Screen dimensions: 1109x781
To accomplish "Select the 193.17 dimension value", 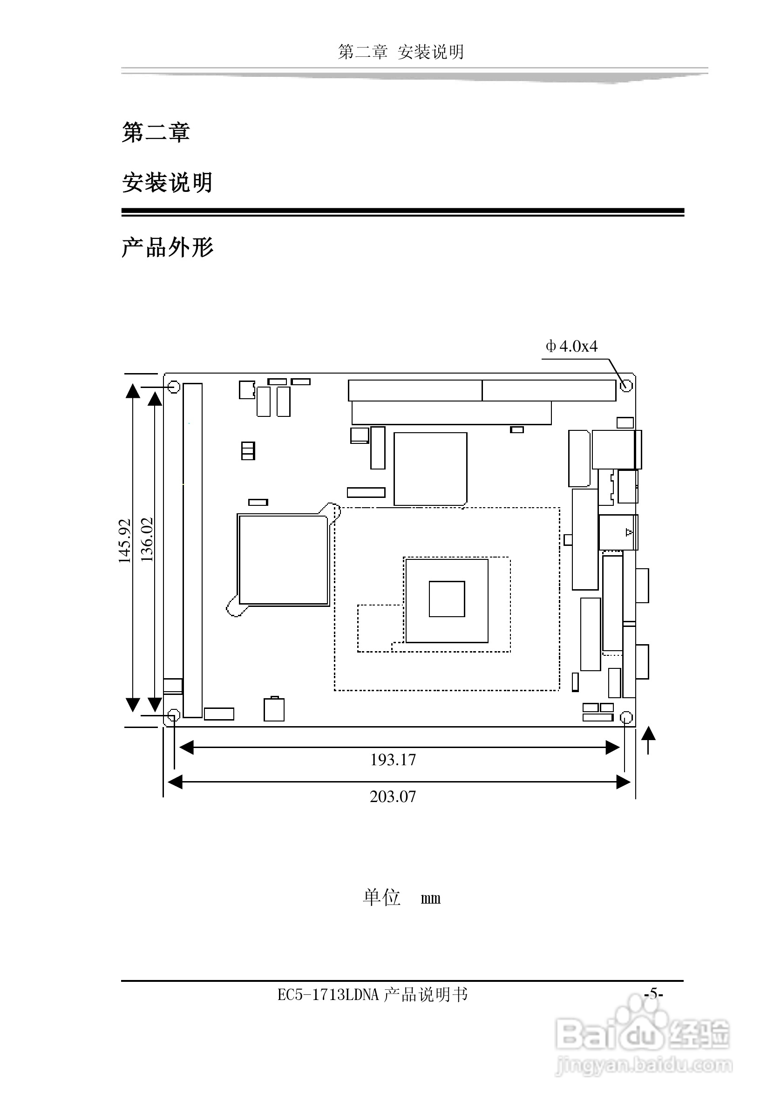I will click(x=393, y=760).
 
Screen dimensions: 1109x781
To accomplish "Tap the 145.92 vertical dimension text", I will click(x=125, y=540).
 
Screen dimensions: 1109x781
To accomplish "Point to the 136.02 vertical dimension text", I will click(x=147, y=539).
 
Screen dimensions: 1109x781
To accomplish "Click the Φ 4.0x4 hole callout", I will click(x=571, y=346).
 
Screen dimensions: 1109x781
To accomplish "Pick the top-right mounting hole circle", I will click(x=626, y=386).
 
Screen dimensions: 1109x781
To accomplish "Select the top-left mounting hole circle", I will click(x=174, y=387).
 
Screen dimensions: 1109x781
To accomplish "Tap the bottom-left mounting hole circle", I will click(x=174, y=715).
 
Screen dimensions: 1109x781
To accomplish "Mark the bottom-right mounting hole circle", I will click(x=625, y=717).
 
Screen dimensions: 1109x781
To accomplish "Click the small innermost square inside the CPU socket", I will click(x=447, y=599).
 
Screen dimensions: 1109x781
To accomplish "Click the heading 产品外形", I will click(x=167, y=247).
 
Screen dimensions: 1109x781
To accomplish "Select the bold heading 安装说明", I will click(x=167, y=183).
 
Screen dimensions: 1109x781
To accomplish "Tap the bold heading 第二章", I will click(x=156, y=132).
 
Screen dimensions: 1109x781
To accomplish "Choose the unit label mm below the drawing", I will click(x=430, y=898).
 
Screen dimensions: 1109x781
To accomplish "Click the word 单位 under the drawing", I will click(x=381, y=898).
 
